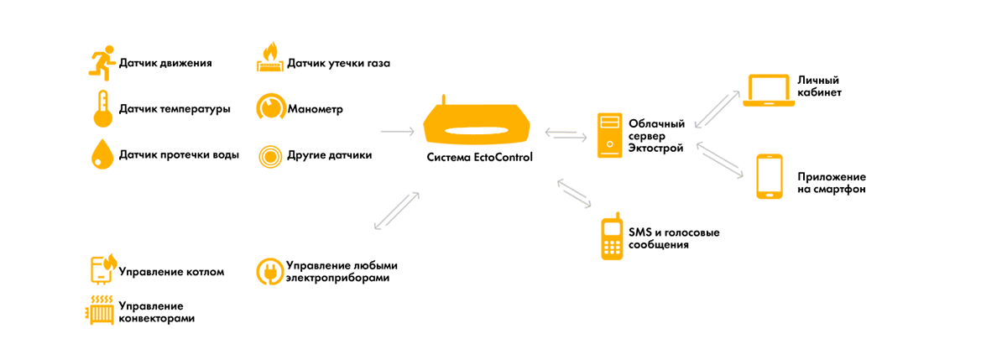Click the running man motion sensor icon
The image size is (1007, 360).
click(x=102, y=64)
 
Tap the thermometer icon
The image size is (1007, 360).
click(x=103, y=109)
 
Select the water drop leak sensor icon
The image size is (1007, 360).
click(x=102, y=154)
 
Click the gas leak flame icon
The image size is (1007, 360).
click(x=269, y=57)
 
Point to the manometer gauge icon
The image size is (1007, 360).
click(x=270, y=107)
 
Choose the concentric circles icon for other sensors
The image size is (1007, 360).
click(x=270, y=156)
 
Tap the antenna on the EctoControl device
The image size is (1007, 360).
click(x=444, y=100)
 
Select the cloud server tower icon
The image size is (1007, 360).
click(x=609, y=135)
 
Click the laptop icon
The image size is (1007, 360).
click(x=769, y=91)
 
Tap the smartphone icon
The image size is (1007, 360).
click(x=770, y=176)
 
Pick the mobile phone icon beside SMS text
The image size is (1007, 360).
click(x=612, y=237)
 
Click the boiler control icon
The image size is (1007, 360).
click(x=103, y=269)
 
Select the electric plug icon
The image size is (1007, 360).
click(x=269, y=271)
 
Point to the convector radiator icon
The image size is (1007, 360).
click(x=100, y=310)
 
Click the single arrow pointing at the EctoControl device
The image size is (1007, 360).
click(x=398, y=132)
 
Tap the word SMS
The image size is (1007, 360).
click(x=640, y=232)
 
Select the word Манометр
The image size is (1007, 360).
click(x=316, y=109)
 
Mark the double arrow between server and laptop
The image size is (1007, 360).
click(x=717, y=109)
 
